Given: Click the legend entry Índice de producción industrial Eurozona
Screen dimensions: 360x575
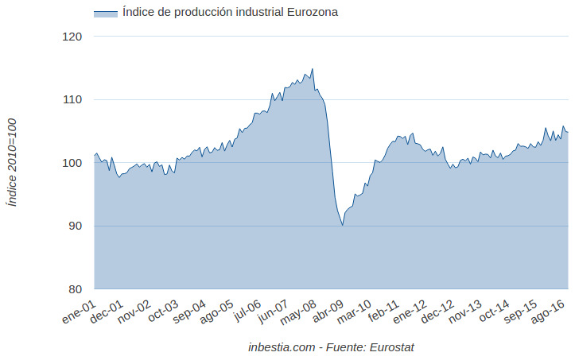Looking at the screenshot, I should click(230, 12).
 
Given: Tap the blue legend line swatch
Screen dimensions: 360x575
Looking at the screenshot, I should click(105, 13).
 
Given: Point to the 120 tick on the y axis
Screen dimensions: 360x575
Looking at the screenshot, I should click(72, 37).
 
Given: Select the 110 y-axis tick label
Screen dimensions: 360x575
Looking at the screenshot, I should click(72, 99).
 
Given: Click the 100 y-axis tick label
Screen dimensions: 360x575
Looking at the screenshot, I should click(72, 163).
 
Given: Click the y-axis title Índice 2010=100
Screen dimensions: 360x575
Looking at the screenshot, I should click(11, 163).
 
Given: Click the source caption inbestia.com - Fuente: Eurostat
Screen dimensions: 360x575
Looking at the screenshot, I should click(331, 347).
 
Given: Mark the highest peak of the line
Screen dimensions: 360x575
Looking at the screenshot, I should click(312, 69).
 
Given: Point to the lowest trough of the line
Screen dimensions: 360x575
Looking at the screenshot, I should click(342, 226).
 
